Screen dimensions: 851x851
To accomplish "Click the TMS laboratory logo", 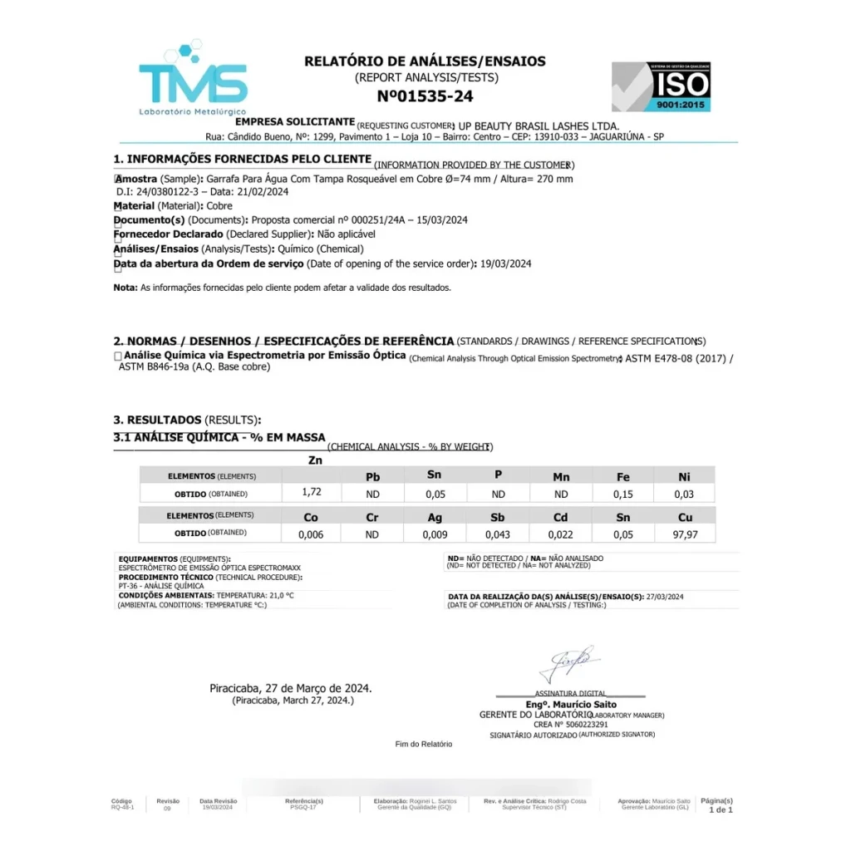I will [193, 80].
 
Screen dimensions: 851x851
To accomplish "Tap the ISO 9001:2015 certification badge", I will [661, 86].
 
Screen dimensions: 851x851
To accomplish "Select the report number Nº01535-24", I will [425, 96].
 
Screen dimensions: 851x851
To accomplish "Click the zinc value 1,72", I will [312, 492].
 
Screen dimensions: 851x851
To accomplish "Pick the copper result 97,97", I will [684, 534].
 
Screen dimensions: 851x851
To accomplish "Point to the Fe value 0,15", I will [622, 494].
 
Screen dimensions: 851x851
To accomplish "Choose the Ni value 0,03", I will [684, 494].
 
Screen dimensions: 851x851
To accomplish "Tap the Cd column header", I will [560, 517].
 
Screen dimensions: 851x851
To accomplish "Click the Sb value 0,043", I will [499, 534].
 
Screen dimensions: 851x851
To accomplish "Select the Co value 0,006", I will [311, 534].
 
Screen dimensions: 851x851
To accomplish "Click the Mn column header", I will [561, 477].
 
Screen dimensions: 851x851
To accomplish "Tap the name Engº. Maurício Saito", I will [571, 705].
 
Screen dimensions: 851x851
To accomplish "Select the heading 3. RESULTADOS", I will [157, 420].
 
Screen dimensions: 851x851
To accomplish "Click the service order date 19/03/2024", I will [506, 264].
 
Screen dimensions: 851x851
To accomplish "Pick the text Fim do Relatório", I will [424, 745].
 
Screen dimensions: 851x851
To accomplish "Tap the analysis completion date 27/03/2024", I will [664, 597].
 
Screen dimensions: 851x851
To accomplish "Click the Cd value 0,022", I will [561, 534].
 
